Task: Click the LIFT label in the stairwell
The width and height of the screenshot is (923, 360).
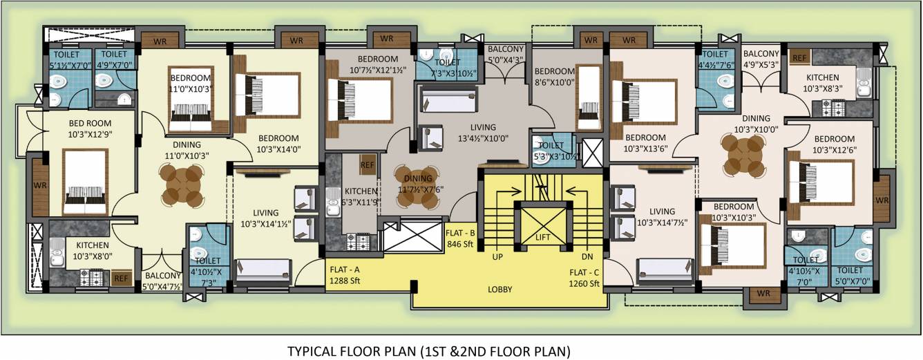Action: [542, 237]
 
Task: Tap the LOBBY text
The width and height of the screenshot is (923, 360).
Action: [499, 290]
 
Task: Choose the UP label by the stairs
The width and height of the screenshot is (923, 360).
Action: [497, 256]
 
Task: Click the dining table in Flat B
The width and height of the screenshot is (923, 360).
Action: [418, 186]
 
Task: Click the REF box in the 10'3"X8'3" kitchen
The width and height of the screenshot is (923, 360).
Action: [800, 57]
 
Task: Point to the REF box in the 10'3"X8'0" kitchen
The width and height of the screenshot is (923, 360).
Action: [122, 278]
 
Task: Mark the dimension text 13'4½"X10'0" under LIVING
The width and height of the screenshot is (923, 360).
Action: [483, 138]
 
